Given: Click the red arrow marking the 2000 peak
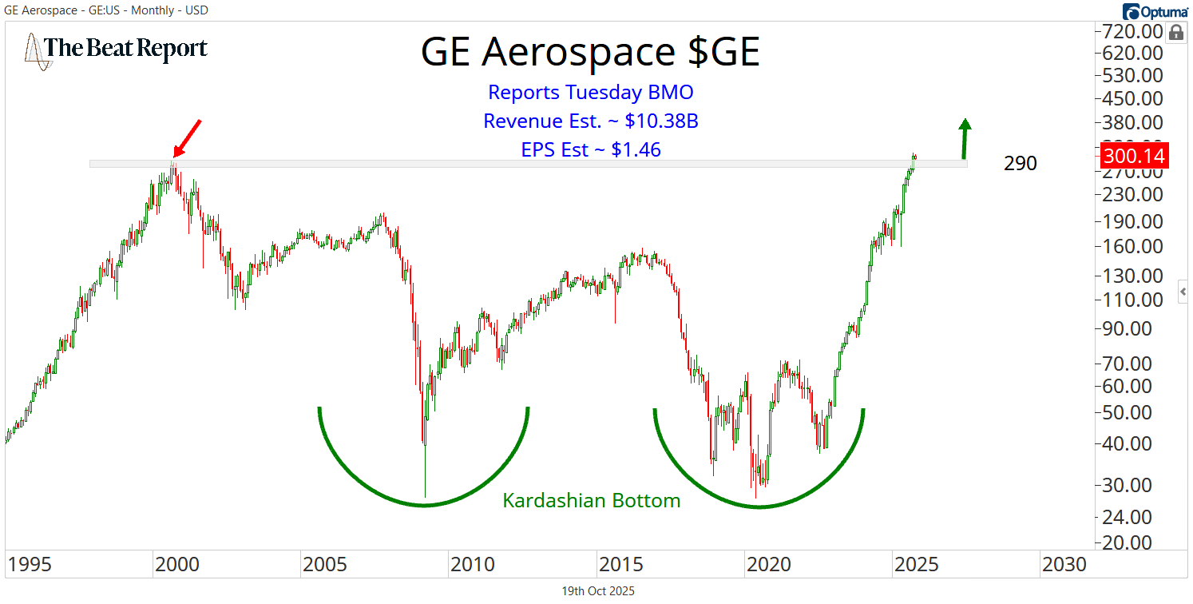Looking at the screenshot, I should click(189, 137).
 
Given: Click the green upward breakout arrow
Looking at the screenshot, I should click(965, 138).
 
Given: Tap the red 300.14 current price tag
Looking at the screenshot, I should click(1133, 155).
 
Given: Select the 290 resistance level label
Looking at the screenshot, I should click(1021, 164).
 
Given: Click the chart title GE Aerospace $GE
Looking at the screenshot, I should click(590, 53).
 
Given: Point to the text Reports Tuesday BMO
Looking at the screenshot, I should click(590, 92).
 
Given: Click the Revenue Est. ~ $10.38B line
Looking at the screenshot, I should click(590, 121).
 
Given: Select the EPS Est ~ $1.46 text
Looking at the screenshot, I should click(590, 149).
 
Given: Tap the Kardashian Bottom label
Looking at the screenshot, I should click(591, 501).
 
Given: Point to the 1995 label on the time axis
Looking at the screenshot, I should click(30, 564).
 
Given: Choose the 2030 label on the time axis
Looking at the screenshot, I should click(1063, 564).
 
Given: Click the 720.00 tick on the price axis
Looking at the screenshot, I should click(1132, 32).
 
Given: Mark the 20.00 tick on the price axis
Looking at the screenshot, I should click(1132, 542).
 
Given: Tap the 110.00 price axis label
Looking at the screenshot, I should click(1132, 300).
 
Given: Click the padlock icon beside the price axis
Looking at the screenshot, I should click(1175, 33).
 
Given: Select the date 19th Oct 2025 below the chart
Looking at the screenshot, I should click(598, 591).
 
